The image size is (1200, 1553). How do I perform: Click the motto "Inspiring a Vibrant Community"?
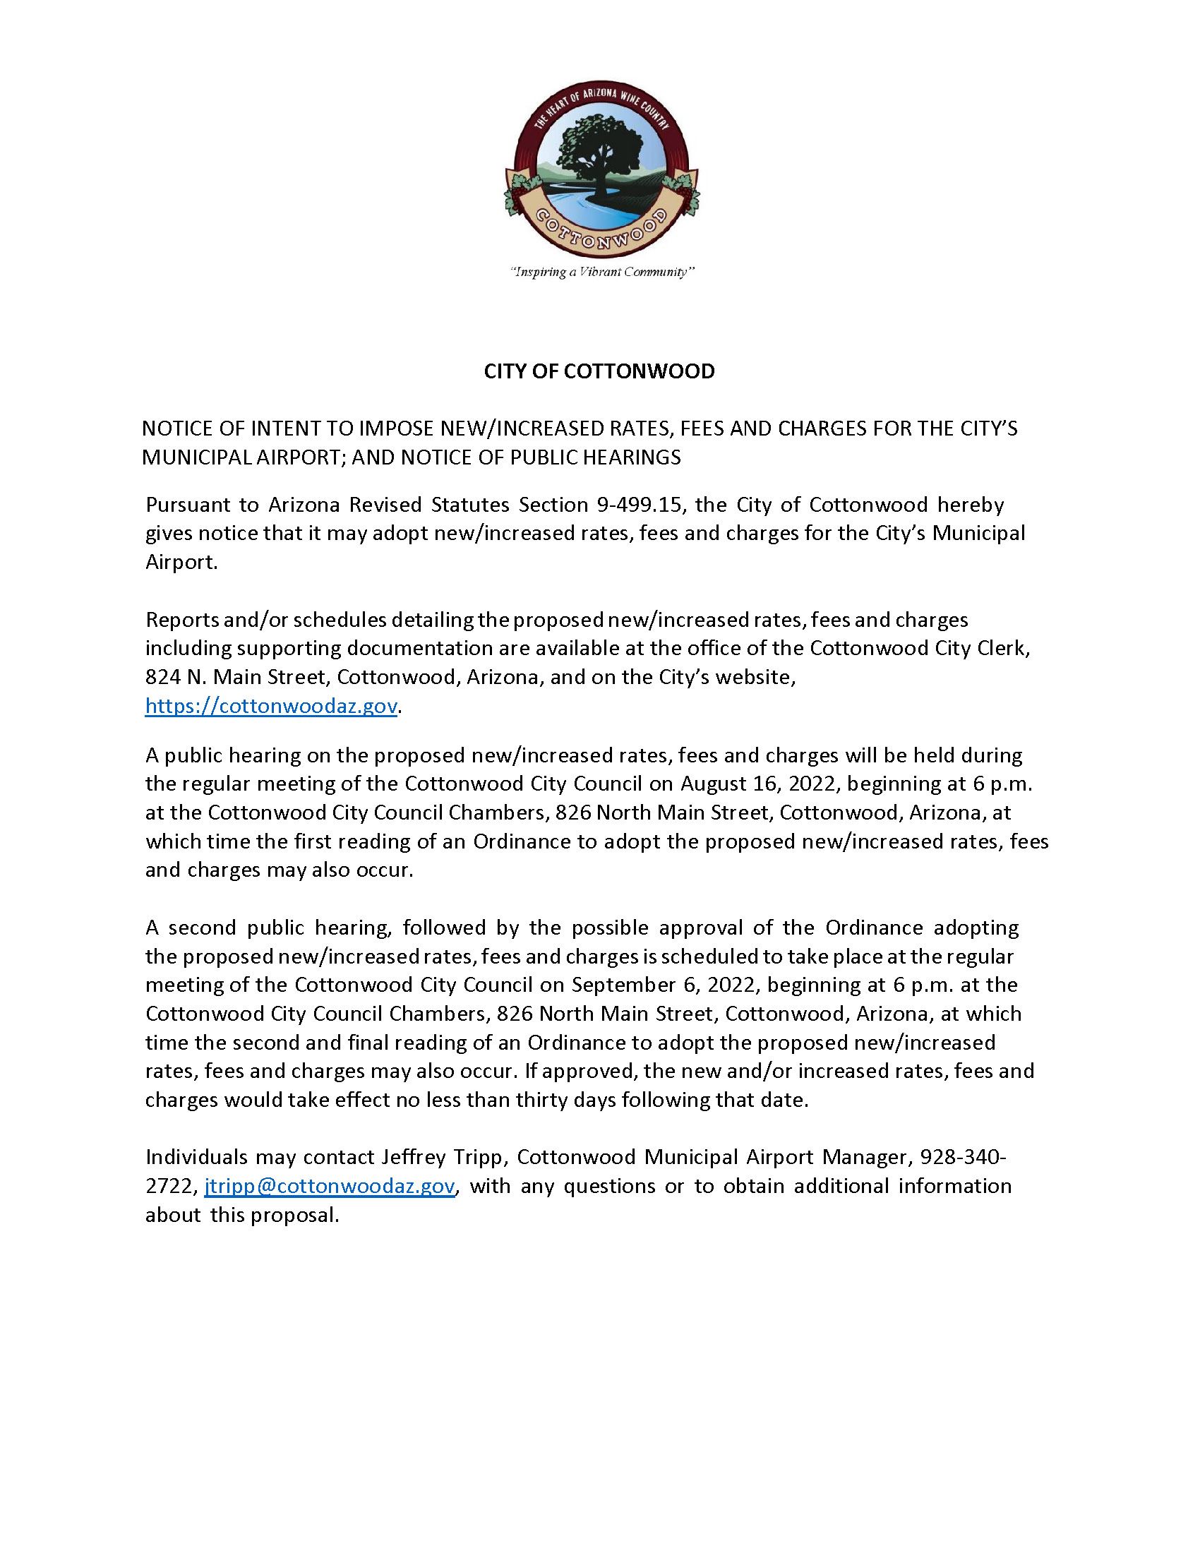[x=601, y=272]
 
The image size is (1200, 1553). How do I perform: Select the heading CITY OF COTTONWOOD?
[x=599, y=371]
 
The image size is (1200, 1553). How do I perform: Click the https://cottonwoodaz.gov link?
[x=271, y=706]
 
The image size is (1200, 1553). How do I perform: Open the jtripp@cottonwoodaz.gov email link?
[x=329, y=1186]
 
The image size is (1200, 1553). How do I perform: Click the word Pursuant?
[x=187, y=505]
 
